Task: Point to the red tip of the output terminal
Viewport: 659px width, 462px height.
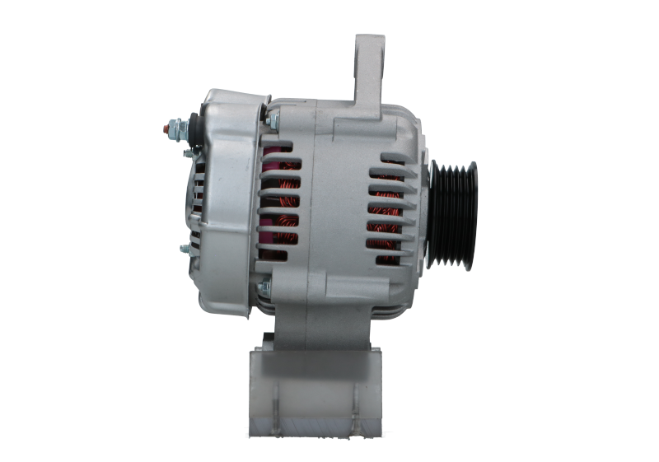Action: coord(167,128)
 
